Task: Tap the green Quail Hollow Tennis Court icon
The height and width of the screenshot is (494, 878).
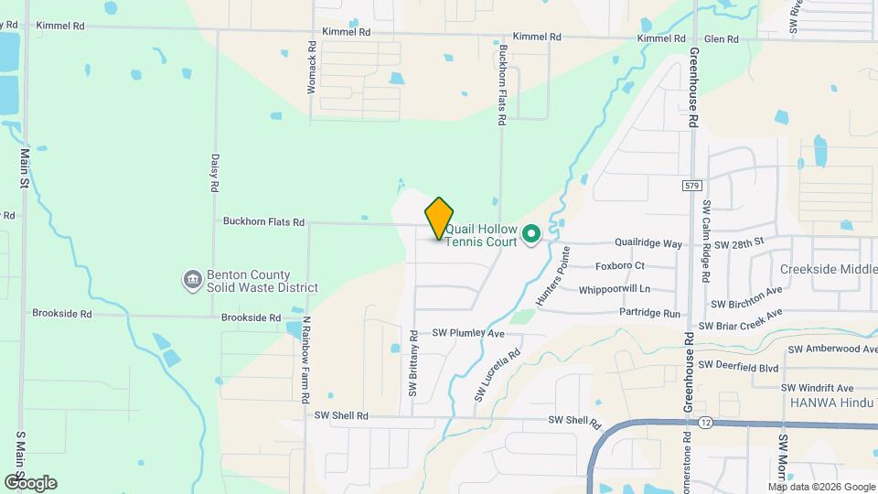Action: (x=530, y=236)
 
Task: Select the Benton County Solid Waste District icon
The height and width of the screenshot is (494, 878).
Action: (x=193, y=280)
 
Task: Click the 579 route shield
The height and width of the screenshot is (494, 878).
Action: (x=692, y=186)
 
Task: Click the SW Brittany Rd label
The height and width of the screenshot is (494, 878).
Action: (x=413, y=364)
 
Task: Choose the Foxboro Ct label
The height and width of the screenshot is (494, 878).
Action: (x=620, y=266)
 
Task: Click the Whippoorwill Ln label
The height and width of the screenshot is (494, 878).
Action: (x=614, y=289)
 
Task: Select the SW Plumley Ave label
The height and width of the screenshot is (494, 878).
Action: (x=468, y=333)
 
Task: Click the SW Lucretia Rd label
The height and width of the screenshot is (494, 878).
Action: (x=498, y=375)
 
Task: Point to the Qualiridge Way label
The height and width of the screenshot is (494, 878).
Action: (x=648, y=244)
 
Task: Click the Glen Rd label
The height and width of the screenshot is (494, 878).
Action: (x=721, y=38)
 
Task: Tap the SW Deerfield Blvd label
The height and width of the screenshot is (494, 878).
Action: (x=738, y=366)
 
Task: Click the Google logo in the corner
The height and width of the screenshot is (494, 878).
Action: (x=31, y=482)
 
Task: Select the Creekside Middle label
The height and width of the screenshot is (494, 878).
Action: (x=829, y=269)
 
